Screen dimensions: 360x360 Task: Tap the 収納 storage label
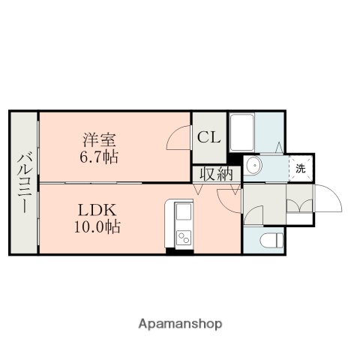[216, 173]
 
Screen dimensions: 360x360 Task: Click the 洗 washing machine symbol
[300, 169]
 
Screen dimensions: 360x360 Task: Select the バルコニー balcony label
[23, 181]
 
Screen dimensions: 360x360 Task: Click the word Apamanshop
[181, 325]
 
